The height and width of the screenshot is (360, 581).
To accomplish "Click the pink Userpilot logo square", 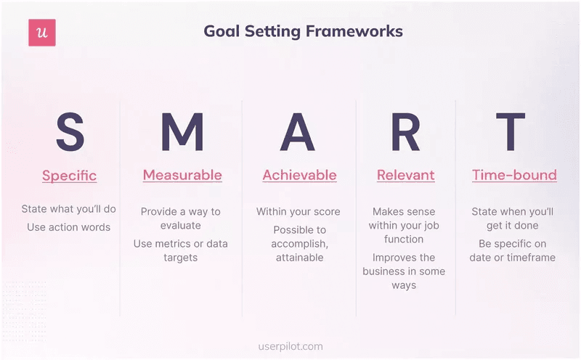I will pos(42,33).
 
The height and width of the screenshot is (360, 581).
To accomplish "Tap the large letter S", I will pos(70,132).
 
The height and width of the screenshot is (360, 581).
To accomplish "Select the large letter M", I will pos(182,132).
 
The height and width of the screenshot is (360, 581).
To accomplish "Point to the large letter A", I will pos(298,132).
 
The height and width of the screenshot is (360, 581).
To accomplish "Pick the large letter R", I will pos(405,132).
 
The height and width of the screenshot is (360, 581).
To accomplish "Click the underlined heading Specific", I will pos(70,176).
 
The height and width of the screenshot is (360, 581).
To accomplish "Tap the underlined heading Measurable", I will pos(182,175).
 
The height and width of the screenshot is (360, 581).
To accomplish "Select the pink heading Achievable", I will pos(299,175).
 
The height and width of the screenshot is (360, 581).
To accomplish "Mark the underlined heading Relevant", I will pos(405,175).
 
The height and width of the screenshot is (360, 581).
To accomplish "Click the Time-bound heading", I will pos(514,175).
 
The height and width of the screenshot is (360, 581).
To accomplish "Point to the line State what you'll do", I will pos(69,209).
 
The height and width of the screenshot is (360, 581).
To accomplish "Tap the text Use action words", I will pos(69,227).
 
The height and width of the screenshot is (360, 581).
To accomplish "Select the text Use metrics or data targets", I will pos(181,250).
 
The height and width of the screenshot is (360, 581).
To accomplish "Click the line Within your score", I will pos(298,212).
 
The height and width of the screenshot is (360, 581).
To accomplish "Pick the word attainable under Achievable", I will pos(299,258).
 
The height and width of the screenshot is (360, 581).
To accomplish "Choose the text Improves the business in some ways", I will pos(404,271).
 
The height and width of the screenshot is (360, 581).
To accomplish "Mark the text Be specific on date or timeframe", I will pos(512,250).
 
